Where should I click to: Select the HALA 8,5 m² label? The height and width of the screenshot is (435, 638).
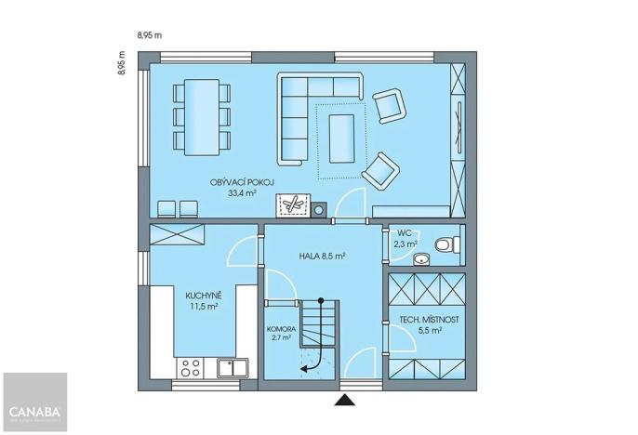tap(323, 255)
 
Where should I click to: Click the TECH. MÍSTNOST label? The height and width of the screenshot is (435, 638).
tap(428, 320)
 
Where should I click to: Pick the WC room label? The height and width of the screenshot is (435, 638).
tap(405, 233)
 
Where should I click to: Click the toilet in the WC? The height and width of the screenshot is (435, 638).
tap(446, 244)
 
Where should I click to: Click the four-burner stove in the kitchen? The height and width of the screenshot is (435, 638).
tap(191, 367)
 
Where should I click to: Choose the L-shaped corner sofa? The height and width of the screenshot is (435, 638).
tap(307, 112)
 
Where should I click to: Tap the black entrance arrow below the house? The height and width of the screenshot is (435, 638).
tap(346, 401)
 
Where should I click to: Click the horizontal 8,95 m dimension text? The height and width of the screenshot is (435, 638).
tap(150, 36)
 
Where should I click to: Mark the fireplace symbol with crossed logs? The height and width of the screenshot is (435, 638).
tap(296, 205)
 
